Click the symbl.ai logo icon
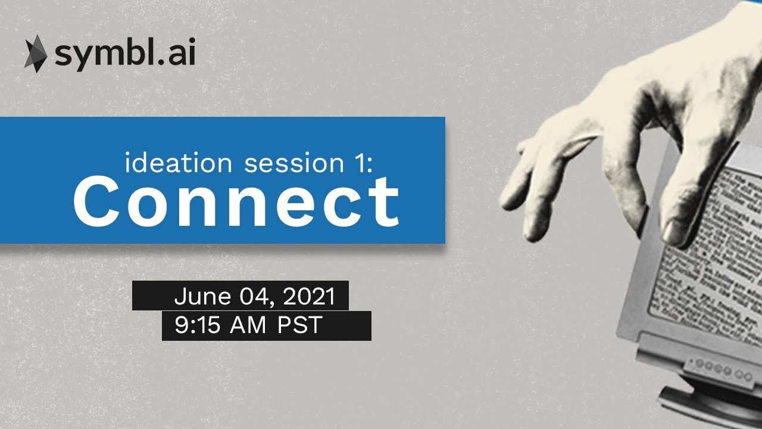pos(35,54)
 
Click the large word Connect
pos(236,200)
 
